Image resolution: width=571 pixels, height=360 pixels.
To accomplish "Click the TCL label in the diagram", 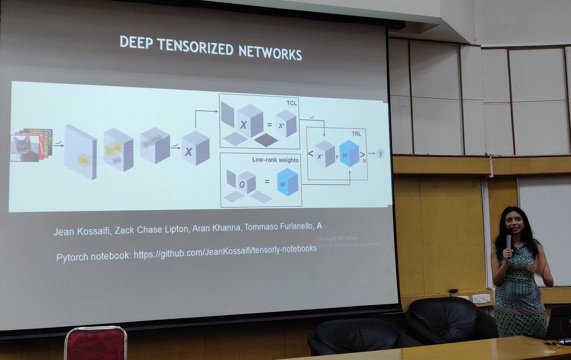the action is tap(291, 102).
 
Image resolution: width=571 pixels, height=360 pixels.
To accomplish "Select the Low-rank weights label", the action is tap(275, 160).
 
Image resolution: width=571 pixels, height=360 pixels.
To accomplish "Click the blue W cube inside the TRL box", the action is tap(349, 154).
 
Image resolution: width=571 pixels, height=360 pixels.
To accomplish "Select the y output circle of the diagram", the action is tap(380, 153).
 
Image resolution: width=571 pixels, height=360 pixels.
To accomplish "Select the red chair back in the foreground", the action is tap(95, 343).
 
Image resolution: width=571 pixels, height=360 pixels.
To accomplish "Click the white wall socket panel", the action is tap(481, 299).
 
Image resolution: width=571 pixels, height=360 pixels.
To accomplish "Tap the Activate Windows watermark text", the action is tap(338, 238).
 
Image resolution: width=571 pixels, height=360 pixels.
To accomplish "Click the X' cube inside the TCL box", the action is tap(286, 123).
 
